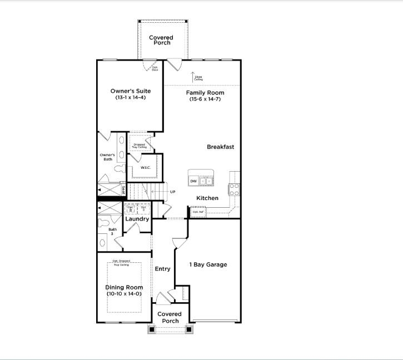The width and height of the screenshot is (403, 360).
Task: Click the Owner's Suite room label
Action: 131,91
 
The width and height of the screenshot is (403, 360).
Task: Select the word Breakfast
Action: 220,147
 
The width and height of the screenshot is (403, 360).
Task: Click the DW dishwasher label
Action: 193,181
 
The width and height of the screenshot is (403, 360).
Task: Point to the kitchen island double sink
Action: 206,181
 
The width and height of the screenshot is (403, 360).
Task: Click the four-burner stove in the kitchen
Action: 235,190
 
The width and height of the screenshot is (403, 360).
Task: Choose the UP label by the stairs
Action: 173,192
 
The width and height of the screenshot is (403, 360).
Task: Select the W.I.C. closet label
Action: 146,168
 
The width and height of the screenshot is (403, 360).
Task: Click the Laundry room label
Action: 137,219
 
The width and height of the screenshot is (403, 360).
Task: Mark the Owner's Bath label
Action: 107,157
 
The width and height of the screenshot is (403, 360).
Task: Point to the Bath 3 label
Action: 113,231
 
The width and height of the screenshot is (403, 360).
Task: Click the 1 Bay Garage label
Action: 208,265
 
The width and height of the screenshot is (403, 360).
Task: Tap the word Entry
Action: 162,269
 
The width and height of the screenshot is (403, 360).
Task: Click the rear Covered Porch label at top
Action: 161,41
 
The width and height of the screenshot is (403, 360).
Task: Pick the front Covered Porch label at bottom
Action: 170,317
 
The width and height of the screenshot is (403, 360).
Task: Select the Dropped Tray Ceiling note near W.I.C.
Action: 139,146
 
